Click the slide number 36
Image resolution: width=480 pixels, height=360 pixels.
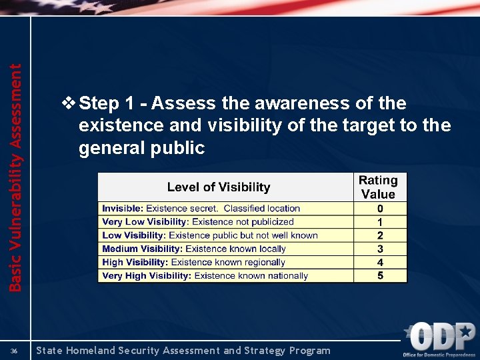[x=14, y=351]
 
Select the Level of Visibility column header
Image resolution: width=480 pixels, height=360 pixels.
[x=219, y=187]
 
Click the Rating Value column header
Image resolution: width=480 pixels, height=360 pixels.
[x=378, y=187]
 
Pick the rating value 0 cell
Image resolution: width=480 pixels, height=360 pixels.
[x=380, y=209]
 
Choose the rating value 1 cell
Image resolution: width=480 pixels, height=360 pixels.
[x=380, y=222]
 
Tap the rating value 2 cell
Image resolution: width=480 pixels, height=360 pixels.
[x=380, y=235]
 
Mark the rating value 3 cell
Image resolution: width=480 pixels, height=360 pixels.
[x=380, y=249]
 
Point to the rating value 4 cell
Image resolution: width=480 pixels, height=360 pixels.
[x=380, y=262]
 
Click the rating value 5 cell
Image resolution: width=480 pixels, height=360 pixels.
[x=380, y=275]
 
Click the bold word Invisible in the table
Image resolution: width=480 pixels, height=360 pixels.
[x=122, y=209]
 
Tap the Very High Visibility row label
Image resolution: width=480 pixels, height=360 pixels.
[x=147, y=275]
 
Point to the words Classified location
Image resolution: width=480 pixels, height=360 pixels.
[x=262, y=209]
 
